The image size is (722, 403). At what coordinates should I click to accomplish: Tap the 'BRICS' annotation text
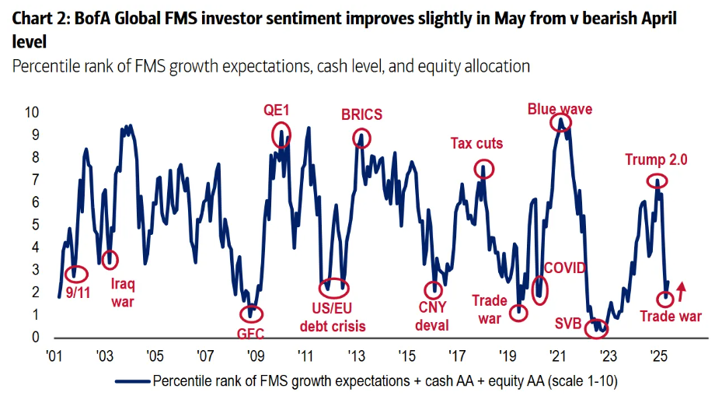pos(361,115)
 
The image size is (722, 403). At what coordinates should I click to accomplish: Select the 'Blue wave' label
pos(560,109)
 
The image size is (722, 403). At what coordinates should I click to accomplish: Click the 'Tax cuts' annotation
pos(476,143)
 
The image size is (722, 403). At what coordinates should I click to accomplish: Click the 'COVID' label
pos(565,268)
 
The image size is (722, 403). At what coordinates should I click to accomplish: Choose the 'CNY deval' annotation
pos(431,317)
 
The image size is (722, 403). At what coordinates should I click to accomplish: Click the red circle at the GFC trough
pos(251,314)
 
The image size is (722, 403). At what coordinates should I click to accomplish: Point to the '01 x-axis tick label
pos(54,356)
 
